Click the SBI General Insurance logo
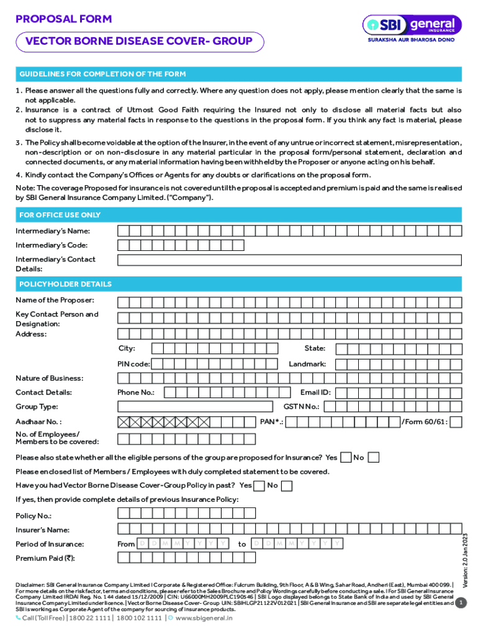pyautogui.click(x=412, y=29)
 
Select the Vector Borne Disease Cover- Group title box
pyautogui.click(x=140, y=42)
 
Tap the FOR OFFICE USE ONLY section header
pyautogui.click(x=60, y=215)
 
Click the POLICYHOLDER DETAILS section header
pyautogui.click(x=65, y=284)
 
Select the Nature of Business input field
pyautogui.click(x=290, y=378)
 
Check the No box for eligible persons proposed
pyautogui.click(x=373, y=458)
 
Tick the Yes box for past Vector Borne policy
pyautogui.click(x=259, y=485)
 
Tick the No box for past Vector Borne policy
pyautogui.click(x=286, y=485)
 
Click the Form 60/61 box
pyautogui.click(x=456, y=422)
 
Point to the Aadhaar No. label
pyautogui.click(x=38, y=422)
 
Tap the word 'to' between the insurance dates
pyautogui.click(x=242, y=544)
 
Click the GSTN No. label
pyautogui.click(x=301, y=407)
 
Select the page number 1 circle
pyautogui.click(x=460, y=603)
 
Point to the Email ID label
pyautogui.click(x=315, y=393)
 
